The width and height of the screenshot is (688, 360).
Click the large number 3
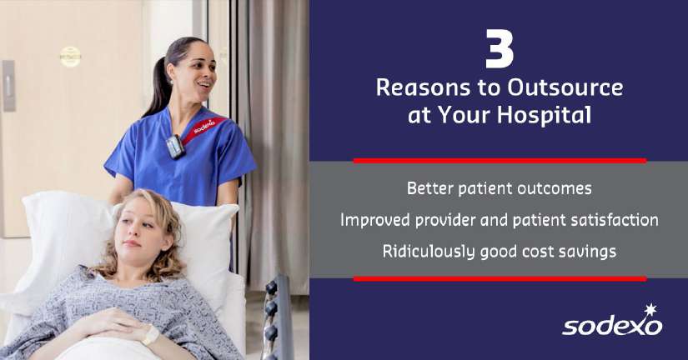[x=500, y=48]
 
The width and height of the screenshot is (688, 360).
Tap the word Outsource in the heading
[x=565, y=87]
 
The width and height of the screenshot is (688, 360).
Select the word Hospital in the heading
[x=544, y=115]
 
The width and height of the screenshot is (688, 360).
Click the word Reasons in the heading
[x=424, y=87]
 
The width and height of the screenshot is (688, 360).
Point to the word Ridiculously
[x=429, y=252]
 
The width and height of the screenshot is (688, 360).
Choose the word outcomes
[x=555, y=189]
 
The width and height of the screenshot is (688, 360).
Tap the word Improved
[x=375, y=221]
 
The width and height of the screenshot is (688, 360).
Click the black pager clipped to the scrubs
[x=175, y=147]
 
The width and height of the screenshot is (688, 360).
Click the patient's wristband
[x=150, y=336]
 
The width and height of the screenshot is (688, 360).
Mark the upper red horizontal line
[x=500, y=161]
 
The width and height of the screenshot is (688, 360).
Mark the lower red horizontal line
[x=500, y=279]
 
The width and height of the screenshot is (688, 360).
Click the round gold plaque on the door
[x=70, y=57]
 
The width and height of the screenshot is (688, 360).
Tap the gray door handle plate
[x=9, y=86]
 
